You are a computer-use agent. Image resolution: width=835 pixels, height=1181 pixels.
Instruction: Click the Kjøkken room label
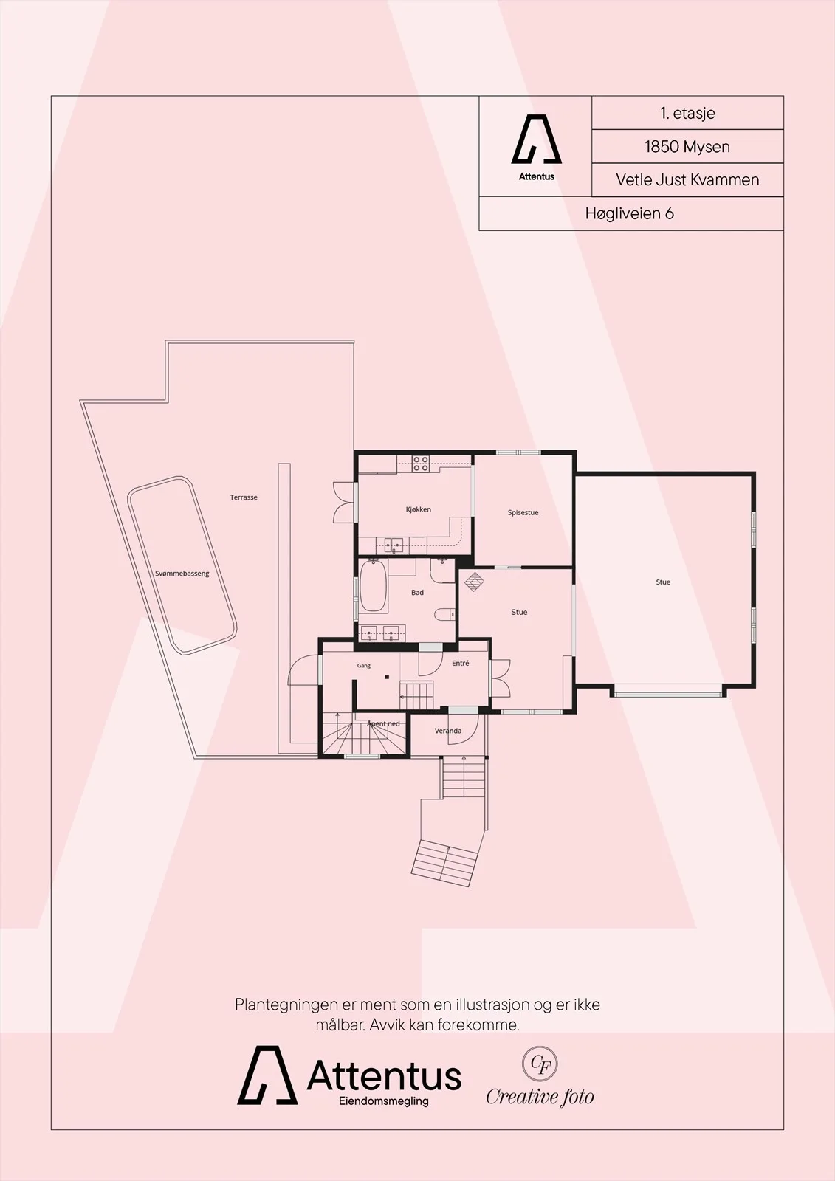(x=419, y=509)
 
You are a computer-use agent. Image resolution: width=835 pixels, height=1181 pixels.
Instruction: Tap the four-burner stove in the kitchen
(x=420, y=464)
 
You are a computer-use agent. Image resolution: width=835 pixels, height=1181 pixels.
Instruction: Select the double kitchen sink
(x=394, y=545)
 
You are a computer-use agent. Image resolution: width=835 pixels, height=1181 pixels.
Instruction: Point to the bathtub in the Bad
(x=374, y=585)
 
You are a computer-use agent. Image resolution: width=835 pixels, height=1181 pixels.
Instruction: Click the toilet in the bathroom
(x=444, y=614)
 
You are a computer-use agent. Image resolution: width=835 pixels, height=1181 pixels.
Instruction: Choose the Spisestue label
(x=523, y=512)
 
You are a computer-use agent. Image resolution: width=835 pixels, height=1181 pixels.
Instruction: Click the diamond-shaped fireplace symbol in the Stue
(x=474, y=582)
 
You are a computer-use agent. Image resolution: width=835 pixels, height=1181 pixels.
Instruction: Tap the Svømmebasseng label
(x=182, y=574)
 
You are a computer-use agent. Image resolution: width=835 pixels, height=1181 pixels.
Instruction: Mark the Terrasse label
(x=244, y=497)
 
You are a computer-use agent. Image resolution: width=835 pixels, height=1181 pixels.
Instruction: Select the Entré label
(x=461, y=664)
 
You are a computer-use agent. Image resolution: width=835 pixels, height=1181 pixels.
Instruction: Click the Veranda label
(x=448, y=731)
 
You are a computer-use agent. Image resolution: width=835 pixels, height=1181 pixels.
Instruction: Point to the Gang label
(x=364, y=666)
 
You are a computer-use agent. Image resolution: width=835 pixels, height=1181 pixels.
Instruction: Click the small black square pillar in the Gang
(x=387, y=676)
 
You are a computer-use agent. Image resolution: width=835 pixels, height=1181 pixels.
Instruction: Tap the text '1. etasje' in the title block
(x=687, y=113)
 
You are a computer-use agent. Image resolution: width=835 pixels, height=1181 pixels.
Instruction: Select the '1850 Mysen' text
(x=687, y=146)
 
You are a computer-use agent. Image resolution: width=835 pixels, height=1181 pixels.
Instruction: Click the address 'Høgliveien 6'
(x=630, y=213)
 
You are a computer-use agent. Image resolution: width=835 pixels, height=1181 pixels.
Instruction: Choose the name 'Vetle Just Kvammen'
(x=687, y=179)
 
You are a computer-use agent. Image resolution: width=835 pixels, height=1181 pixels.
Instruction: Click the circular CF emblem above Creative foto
(x=540, y=1064)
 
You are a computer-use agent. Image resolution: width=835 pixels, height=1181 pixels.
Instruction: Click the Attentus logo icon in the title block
(x=537, y=139)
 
